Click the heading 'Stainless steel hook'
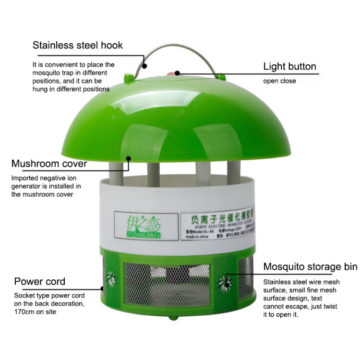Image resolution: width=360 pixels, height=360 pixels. pyautogui.click(x=78, y=46)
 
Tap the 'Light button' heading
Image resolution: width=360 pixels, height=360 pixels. pyautogui.click(x=289, y=66)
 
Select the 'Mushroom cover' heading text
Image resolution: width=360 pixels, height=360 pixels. pyautogui.click(x=49, y=164)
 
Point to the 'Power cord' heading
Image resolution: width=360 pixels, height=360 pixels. pyautogui.click(x=40, y=281)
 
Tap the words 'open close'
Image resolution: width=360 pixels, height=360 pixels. pyautogui.click(x=279, y=81)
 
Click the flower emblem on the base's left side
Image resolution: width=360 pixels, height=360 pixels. pyautogui.click(x=111, y=279)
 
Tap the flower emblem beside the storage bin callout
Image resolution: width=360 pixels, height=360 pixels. pyautogui.click(x=225, y=280)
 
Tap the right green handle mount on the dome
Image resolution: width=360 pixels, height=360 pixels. pyautogui.click(x=221, y=76)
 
